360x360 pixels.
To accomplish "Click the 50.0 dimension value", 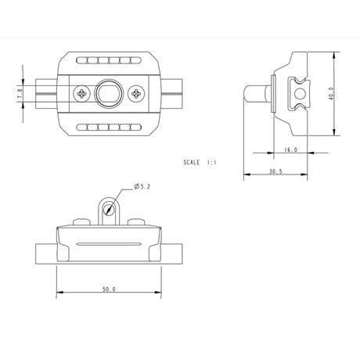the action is (x=109, y=289).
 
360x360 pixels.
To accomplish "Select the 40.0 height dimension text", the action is (x=331, y=94).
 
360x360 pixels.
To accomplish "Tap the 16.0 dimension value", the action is (x=290, y=149).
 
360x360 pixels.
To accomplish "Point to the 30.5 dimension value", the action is (x=275, y=171).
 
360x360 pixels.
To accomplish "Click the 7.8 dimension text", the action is (x=20, y=94).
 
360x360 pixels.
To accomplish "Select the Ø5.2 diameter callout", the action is (x=142, y=186).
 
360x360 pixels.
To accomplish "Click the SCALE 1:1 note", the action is (x=200, y=163).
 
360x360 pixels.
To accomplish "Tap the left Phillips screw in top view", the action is (x=82, y=94).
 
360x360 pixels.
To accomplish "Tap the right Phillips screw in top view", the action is (x=136, y=94).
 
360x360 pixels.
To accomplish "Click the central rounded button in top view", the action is (x=108, y=94).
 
